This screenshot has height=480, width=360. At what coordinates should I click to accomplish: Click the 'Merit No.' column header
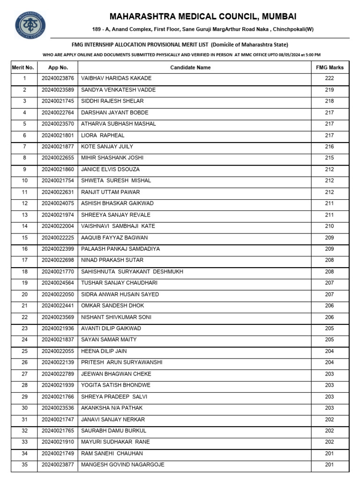pos(23,67)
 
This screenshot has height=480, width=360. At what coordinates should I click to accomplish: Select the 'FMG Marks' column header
pos(330,67)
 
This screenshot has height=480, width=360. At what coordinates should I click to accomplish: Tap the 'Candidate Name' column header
pos(190,67)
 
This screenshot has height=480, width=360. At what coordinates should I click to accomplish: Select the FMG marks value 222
pos(330,78)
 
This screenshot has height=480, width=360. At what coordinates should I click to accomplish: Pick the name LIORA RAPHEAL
pos(103,135)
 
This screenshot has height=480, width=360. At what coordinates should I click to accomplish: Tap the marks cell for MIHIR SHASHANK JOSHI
pos(330,158)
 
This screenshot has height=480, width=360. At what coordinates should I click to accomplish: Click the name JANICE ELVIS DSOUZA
pos(110,169)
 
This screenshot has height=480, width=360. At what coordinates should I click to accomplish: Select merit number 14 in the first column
pos(25,226)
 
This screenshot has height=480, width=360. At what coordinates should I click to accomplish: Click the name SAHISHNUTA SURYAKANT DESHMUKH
pos(132,271)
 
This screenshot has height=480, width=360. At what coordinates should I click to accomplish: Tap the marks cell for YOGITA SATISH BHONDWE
pos(330,385)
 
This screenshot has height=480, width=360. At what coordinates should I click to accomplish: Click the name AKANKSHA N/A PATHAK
pos(112,408)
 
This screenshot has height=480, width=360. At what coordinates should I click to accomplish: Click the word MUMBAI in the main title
pos(279,17)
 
